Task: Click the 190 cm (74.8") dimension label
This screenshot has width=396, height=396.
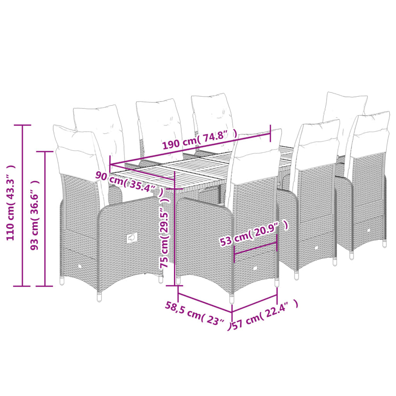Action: point(199,139)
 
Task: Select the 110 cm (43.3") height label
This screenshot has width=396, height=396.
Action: point(11,202)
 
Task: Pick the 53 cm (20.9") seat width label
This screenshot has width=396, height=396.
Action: point(253,233)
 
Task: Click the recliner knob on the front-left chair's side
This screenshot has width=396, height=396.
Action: point(132,238)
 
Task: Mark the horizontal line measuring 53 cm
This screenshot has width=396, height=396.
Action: point(256,248)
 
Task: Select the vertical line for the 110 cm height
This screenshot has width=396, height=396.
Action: point(22,205)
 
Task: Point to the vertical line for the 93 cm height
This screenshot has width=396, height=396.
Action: point(45,219)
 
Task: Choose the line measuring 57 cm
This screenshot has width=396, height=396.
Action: point(255,303)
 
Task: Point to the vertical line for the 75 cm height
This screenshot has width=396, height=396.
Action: point(175,228)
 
